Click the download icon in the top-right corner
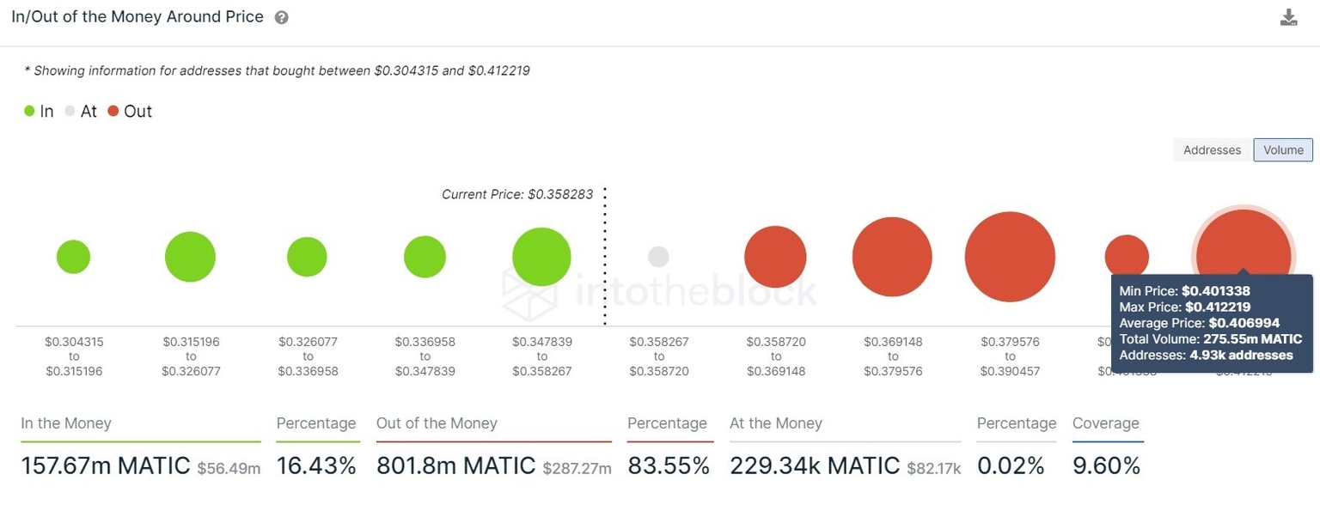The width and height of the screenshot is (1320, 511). click(1288, 17)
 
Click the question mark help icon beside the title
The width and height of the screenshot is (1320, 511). click(281, 18)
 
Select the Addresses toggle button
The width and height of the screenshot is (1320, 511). click(1212, 149)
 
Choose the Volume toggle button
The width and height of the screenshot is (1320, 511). click(1283, 149)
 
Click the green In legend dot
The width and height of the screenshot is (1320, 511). click(29, 111)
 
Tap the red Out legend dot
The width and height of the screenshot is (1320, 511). click(113, 111)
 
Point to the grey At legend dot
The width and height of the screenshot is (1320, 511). click(70, 111)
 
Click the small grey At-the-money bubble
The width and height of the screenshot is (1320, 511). click(658, 257)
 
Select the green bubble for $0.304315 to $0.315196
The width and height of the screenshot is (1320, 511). click(73, 257)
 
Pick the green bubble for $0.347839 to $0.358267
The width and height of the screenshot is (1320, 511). click(541, 257)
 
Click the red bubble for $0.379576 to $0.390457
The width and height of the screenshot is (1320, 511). click(1010, 257)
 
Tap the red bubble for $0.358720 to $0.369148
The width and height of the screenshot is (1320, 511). click(775, 257)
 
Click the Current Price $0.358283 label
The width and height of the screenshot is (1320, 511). click(517, 194)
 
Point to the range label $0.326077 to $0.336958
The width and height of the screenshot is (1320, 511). click(308, 356)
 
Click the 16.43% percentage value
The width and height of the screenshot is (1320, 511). click(316, 465)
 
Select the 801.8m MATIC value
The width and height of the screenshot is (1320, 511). click(455, 465)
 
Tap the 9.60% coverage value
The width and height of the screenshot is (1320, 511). click(1106, 465)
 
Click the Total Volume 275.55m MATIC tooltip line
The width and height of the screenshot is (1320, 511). click(1210, 339)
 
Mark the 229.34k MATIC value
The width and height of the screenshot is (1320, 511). click(814, 465)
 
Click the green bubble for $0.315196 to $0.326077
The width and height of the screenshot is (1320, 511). click(190, 257)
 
